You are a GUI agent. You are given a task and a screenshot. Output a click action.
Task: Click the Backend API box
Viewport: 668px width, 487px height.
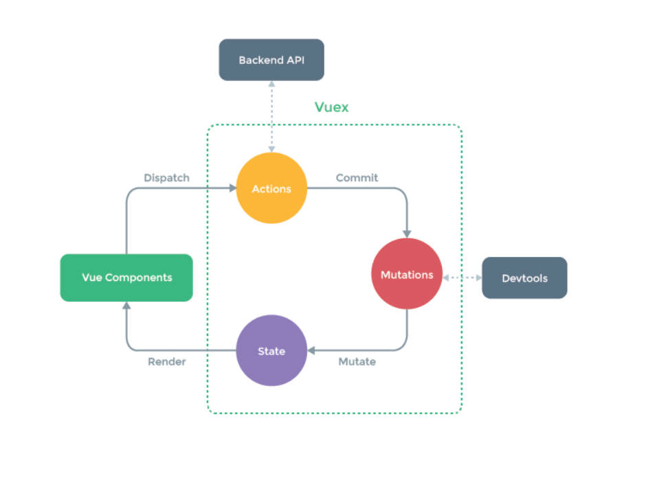click(x=271, y=60)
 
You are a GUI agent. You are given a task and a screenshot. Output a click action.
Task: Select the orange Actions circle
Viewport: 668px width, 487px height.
click(x=271, y=189)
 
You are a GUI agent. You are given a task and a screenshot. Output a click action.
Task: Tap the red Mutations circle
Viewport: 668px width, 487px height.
click(x=407, y=274)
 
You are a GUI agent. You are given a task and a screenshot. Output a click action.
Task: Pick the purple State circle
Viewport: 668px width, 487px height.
click(x=271, y=351)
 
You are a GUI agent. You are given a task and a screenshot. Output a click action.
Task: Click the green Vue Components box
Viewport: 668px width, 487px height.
click(x=126, y=278)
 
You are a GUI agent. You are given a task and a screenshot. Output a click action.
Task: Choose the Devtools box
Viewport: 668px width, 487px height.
click(x=524, y=278)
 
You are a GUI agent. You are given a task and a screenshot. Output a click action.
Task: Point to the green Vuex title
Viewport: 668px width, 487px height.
click(x=331, y=107)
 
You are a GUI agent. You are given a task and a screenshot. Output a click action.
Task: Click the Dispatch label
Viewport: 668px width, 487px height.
click(x=166, y=178)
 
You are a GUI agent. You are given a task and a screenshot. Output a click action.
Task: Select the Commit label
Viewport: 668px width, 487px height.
click(x=357, y=178)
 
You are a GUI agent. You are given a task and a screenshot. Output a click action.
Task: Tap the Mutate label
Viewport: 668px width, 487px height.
click(x=357, y=361)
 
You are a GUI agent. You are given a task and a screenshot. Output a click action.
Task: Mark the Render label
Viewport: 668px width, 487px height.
click(x=166, y=361)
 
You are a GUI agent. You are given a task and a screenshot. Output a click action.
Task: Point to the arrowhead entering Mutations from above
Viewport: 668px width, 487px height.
click(x=407, y=234)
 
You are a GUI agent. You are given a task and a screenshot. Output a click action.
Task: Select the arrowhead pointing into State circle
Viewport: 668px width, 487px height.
click(x=311, y=351)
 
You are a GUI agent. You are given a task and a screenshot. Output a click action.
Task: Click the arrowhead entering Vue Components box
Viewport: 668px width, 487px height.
click(x=126, y=306)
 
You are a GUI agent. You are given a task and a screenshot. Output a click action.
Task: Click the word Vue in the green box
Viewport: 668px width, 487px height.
click(x=92, y=278)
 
